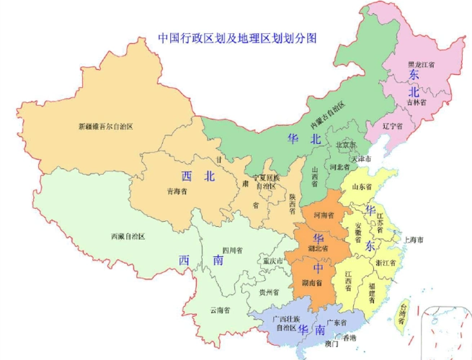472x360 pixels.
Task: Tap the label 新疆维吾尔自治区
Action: tap(106, 127)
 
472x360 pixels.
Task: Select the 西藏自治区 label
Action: tap(128, 236)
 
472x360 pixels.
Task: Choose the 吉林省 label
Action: tap(416, 102)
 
